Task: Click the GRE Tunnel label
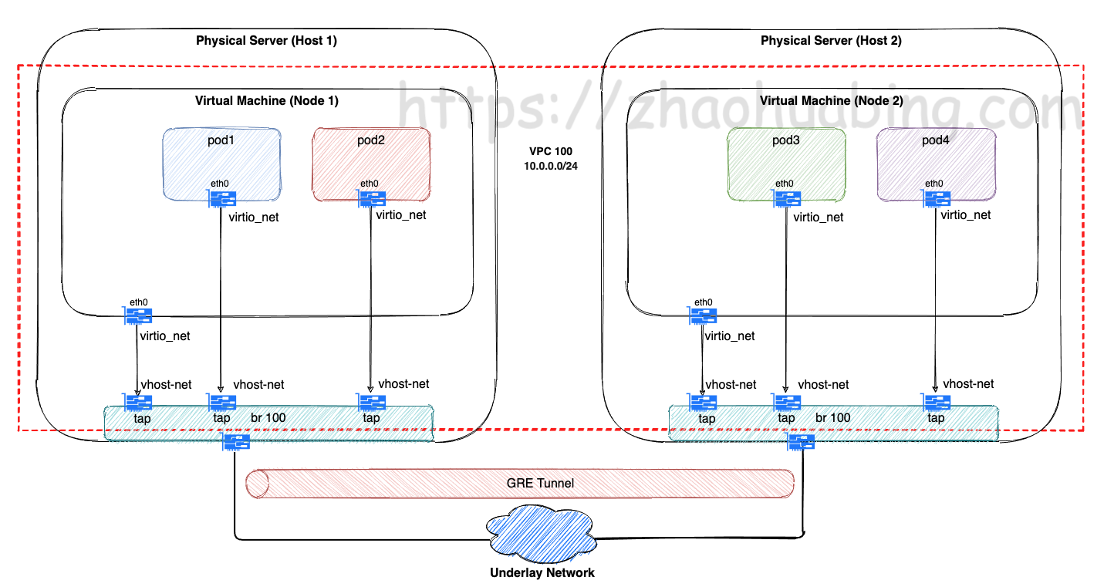coord(540,484)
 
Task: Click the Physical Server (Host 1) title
coord(266,41)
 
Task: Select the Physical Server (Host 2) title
coord(831,41)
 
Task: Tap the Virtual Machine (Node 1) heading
coord(266,100)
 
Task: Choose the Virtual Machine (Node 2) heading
coord(831,100)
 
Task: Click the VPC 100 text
coord(550,150)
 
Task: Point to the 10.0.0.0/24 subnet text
coord(550,166)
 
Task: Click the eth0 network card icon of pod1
coord(221,198)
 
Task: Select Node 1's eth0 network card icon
coord(138,315)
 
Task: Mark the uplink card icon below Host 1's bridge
coord(236,442)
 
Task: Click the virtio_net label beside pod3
coord(819,218)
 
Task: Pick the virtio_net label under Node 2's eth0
coord(730,336)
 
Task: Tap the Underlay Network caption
coord(542,573)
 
